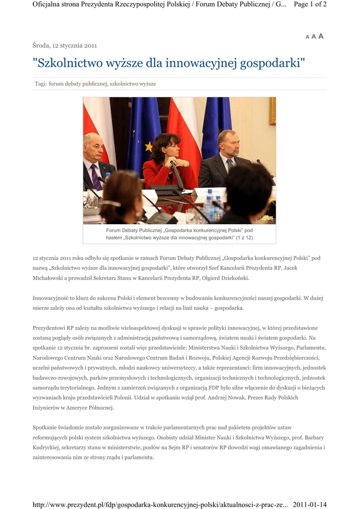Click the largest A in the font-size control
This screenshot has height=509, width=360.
click(321, 36)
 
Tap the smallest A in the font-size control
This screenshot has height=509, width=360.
click(307, 37)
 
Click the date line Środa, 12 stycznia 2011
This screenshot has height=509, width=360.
click(65, 45)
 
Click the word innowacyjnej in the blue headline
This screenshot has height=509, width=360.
click(197, 63)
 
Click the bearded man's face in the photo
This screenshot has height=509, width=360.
click(230, 144)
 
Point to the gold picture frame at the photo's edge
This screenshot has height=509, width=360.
click(272, 110)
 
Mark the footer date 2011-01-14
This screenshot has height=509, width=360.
click(310, 505)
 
